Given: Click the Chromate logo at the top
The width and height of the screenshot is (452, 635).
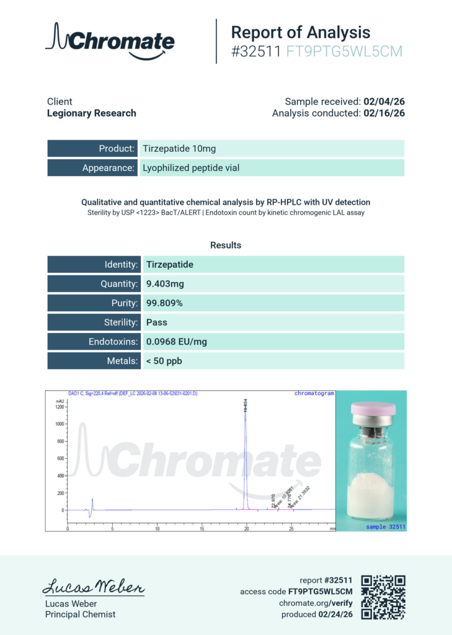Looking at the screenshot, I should (x=110, y=41).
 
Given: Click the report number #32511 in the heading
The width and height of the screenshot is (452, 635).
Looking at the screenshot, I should (x=256, y=52).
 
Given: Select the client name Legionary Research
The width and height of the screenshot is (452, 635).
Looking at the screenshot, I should (x=91, y=113).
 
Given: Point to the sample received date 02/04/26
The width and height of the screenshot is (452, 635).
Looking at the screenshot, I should (x=384, y=101).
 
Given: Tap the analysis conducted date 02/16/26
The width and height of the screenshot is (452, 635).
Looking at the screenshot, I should (x=384, y=113).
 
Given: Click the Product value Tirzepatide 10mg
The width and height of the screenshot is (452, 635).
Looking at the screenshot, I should (x=179, y=149).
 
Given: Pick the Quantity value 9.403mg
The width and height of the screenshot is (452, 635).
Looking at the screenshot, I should (x=165, y=284).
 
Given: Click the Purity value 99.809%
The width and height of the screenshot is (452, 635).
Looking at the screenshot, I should (x=164, y=303).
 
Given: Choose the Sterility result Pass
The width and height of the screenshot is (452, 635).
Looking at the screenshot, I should (x=157, y=322).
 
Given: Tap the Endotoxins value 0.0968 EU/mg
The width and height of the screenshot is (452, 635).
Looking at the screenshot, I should (x=176, y=342).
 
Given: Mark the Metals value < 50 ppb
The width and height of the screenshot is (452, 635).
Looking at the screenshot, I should (x=164, y=361).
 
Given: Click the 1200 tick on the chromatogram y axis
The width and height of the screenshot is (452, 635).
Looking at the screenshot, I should (x=60, y=407).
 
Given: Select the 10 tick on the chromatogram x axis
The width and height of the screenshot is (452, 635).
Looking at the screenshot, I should (x=157, y=529).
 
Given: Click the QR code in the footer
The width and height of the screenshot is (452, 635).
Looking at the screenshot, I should (x=383, y=597).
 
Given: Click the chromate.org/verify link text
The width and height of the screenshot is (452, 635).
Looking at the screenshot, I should (x=316, y=603).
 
